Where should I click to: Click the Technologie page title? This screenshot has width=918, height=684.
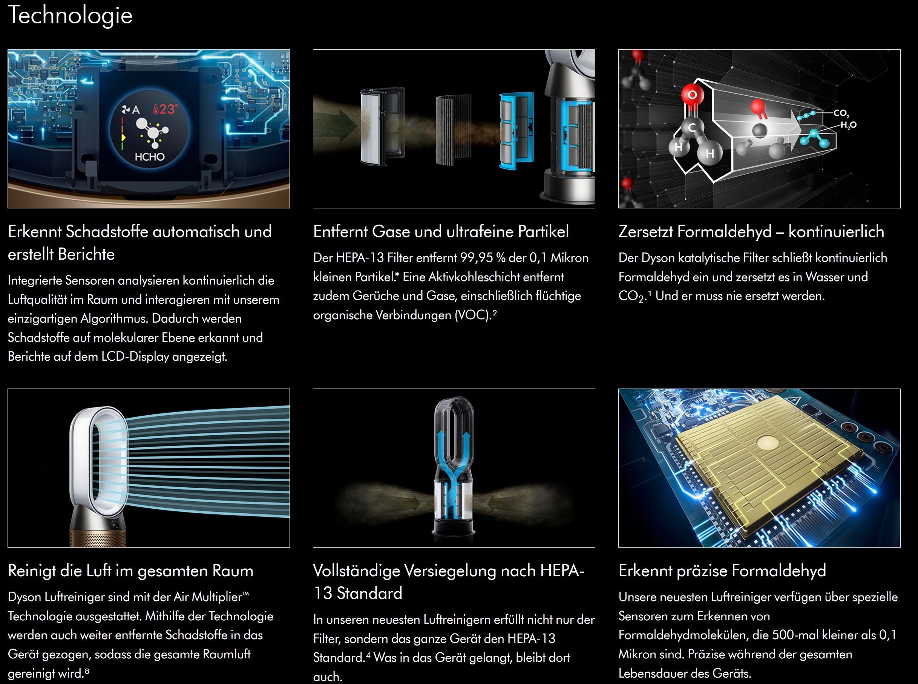pyautogui.click(x=70, y=15)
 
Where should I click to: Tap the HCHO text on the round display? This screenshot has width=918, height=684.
pyautogui.click(x=150, y=157)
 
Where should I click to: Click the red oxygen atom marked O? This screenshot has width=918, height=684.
pyautogui.click(x=692, y=95)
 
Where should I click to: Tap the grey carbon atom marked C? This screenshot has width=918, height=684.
pyautogui.click(x=692, y=128)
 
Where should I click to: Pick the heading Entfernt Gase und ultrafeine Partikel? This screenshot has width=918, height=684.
pyautogui.click(x=441, y=231)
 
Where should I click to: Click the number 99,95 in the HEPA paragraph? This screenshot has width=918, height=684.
pyautogui.click(x=476, y=258)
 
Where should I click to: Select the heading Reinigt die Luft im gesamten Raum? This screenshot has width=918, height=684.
pyautogui.click(x=130, y=571)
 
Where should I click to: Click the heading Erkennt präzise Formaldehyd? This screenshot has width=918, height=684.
pyautogui.click(x=722, y=571)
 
